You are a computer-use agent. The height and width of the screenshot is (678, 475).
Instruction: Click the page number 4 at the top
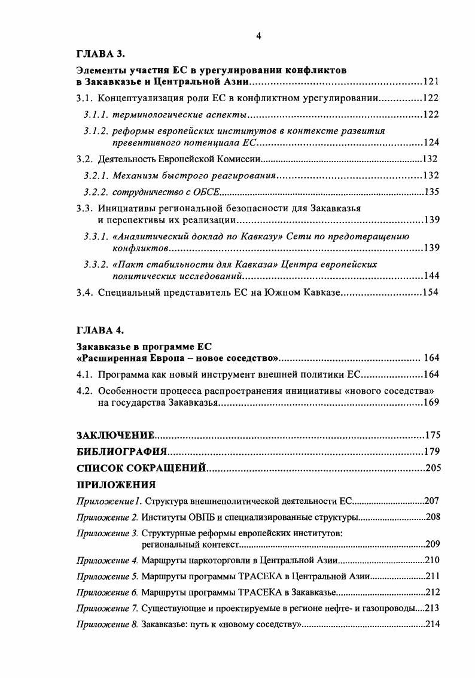click(258, 36)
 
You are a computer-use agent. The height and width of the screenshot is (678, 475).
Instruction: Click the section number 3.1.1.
click(96, 114)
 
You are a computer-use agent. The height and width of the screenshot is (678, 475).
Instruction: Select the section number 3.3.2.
click(96, 264)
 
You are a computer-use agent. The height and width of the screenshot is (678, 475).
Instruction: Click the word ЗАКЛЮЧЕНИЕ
click(116, 435)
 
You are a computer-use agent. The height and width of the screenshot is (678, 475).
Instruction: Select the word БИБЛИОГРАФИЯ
click(121, 451)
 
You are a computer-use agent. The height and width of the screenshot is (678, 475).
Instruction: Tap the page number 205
click(432, 467)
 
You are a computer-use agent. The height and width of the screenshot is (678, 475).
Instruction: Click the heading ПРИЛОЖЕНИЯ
click(116, 484)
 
